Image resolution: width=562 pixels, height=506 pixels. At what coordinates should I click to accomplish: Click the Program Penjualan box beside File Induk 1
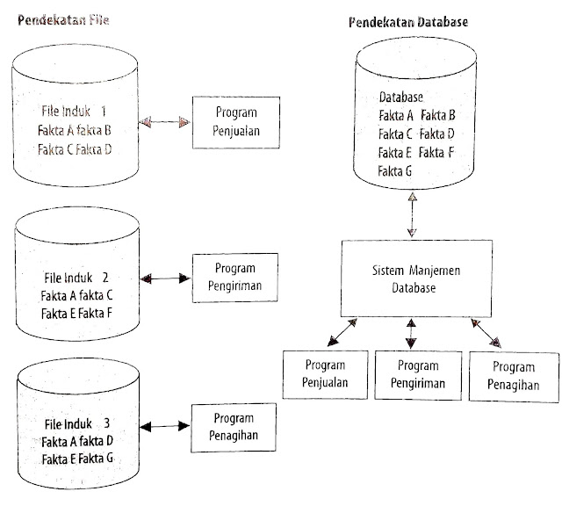click(x=234, y=123)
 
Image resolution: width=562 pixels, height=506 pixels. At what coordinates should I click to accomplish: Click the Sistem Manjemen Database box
click(x=410, y=279)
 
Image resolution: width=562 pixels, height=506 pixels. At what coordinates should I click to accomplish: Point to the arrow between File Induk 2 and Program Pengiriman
click(x=164, y=278)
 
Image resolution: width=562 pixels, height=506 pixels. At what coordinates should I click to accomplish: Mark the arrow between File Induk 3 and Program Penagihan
click(x=164, y=428)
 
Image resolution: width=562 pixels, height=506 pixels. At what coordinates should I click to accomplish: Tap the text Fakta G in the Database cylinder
click(x=396, y=172)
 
